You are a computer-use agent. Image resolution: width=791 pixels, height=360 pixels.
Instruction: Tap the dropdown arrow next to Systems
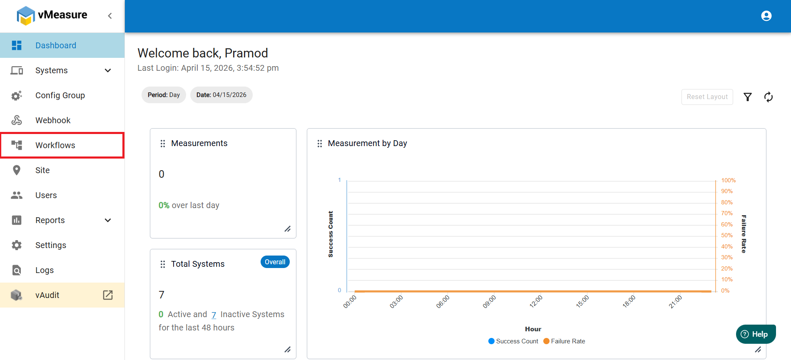[x=108, y=70]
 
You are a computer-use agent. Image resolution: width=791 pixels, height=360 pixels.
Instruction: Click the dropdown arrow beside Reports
[x=108, y=220]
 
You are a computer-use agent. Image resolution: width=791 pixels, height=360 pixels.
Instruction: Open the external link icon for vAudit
[x=108, y=295]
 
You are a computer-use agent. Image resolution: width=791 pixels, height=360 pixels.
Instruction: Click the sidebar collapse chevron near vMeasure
[x=110, y=16]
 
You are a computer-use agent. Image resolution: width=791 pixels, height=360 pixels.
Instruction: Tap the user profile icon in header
[x=766, y=16]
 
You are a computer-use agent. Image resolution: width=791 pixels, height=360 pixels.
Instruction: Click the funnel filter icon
[x=748, y=97]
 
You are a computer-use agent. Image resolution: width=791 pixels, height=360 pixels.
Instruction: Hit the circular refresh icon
[x=769, y=97]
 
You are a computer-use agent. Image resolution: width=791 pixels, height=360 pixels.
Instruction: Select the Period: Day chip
[x=164, y=95]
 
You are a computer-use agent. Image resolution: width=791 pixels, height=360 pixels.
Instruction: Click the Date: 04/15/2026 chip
[x=221, y=95]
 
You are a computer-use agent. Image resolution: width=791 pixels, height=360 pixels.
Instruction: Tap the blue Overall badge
[x=275, y=262]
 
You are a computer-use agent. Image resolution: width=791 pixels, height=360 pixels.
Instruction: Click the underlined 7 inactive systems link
[x=214, y=315]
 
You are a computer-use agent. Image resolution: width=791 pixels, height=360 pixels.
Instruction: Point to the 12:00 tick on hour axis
[x=536, y=301]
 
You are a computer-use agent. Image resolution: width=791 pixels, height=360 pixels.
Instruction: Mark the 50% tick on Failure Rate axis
[x=727, y=236]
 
